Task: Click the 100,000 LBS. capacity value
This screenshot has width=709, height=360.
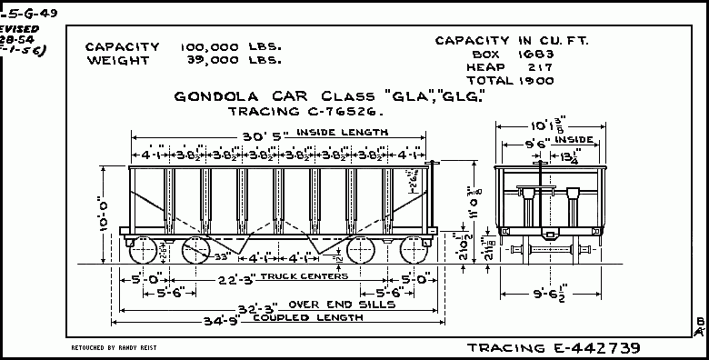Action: (232, 47)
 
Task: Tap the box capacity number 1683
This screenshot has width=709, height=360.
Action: (514, 55)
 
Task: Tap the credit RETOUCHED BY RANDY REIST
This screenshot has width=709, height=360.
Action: (114, 348)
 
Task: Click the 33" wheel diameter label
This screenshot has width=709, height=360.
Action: (218, 257)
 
